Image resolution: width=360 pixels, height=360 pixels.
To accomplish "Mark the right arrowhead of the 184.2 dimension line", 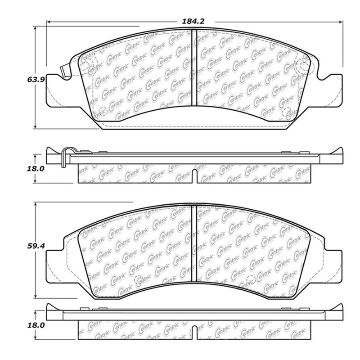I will pos(341,21).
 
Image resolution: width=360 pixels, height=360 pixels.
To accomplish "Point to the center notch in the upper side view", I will pos(193,176).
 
